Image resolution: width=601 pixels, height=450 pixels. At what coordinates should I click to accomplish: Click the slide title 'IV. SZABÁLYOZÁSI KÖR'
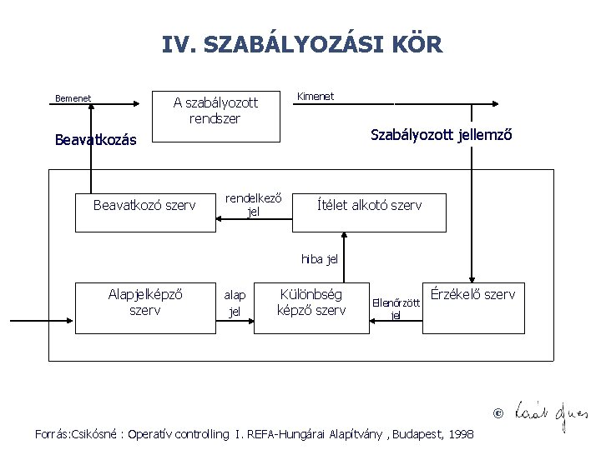click(x=302, y=44)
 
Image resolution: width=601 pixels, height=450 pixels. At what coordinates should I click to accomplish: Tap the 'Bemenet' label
click(x=73, y=98)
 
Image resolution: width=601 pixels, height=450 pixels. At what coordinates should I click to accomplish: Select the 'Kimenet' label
click(x=316, y=97)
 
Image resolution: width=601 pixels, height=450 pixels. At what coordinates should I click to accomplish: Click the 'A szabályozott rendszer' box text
click(x=215, y=111)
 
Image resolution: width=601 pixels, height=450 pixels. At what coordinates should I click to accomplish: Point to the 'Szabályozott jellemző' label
click(x=441, y=135)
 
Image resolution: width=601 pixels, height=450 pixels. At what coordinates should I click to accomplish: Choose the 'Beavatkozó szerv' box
click(x=144, y=205)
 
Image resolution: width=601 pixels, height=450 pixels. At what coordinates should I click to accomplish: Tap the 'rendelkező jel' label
click(x=254, y=205)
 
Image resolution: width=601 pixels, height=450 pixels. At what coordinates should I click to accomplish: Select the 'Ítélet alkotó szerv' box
click(x=369, y=205)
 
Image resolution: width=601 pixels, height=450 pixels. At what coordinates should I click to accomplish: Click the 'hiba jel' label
click(x=320, y=259)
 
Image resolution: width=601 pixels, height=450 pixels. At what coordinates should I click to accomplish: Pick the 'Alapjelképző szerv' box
click(x=145, y=302)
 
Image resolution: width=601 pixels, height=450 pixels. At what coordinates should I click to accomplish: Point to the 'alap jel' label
click(x=235, y=303)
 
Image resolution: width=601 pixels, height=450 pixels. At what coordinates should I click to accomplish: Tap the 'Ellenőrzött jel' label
click(x=396, y=308)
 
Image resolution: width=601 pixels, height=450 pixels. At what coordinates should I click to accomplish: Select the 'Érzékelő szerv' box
click(x=472, y=294)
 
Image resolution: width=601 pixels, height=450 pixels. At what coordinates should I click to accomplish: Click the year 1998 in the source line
click(x=462, y=434)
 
